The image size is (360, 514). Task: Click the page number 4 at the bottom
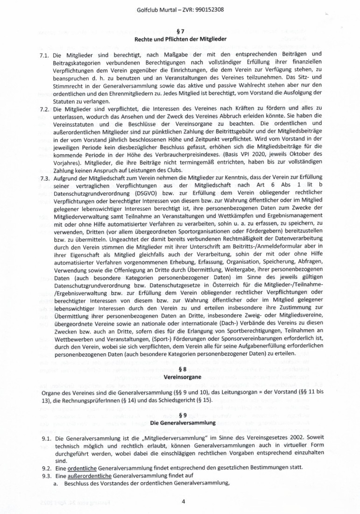(184, 502)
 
